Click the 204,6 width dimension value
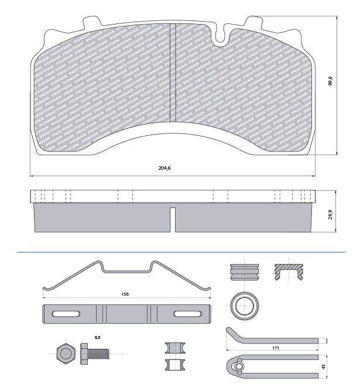pyautogui.click(x=165, y=168)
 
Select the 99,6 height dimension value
pyautogui.click(x=330, y=81)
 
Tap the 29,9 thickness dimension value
pyautogui.click(x=330, y=215)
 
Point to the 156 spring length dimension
pyautogui.click(x=125, y=294)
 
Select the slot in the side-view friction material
pyautogui.click(x=173, y=219)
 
